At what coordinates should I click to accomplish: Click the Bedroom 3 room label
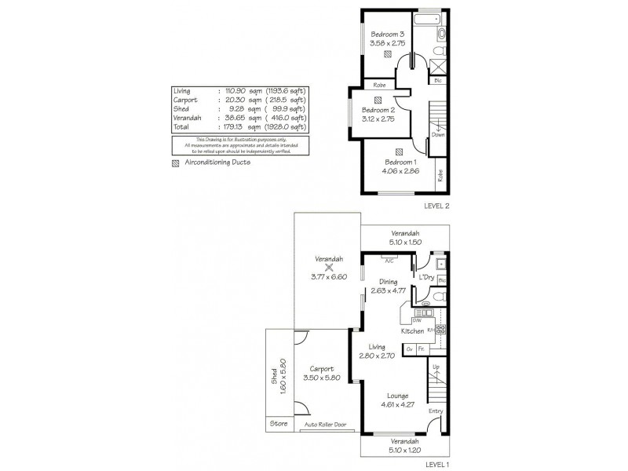coord(387,35)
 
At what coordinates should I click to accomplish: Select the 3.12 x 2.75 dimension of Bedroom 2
coord(378,120)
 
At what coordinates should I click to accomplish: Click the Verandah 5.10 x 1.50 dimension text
coord(407,243)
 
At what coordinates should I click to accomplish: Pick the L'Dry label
coord(427,278)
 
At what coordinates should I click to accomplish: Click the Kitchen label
coord(412,331)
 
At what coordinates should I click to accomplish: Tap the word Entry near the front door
coord(436,411)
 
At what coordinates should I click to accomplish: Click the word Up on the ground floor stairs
coord(436,367)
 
